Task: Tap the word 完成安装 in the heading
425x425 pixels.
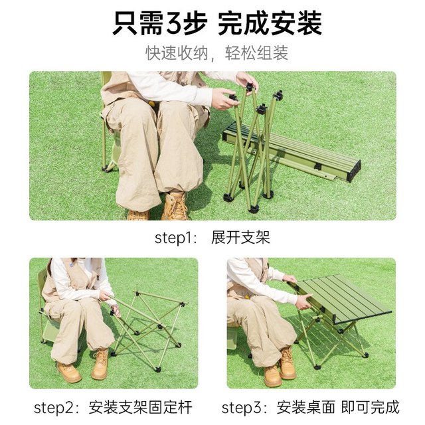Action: coord(270,24)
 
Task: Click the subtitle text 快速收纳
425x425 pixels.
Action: coord(177,53)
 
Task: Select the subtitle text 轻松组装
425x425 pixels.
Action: coord(256,53)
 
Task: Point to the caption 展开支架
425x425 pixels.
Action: coord(240,238)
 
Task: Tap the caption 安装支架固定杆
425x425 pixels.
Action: coord(140,407)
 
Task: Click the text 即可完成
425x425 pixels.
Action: coord(371,407)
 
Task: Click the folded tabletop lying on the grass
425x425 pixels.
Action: coord(292,152)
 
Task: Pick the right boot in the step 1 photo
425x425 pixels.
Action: coord(175,206)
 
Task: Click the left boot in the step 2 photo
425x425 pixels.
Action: coord(69,372)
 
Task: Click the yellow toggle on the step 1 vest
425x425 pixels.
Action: coord(152,104)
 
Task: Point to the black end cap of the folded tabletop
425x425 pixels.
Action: coord(354,171)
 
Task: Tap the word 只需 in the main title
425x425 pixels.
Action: coord(138,24)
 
